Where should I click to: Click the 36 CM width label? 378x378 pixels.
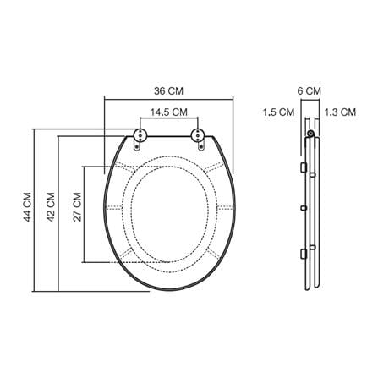click(168, 91)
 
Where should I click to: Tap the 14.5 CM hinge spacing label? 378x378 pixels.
click(168, 112)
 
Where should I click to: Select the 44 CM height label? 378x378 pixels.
click(27, 207)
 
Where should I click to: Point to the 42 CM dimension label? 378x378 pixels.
click(51, 207)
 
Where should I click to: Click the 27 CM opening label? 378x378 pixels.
click(77, 207)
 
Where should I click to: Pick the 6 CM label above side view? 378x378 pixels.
click(310, 91)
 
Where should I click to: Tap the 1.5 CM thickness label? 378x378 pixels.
click(279, 112)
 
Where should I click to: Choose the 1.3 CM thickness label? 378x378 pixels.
click(340, 112)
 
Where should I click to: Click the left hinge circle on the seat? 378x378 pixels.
click(140, 135)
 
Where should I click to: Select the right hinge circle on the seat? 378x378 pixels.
click(198, 135)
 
